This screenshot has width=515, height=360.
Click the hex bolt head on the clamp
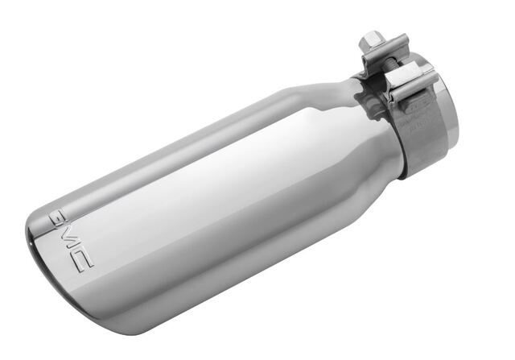tap(372, 41)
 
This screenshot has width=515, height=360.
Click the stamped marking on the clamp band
tap(418, 113)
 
